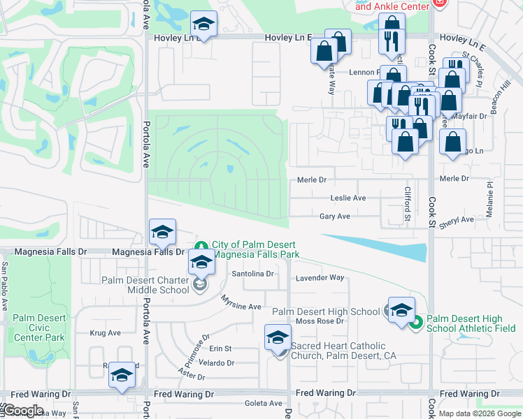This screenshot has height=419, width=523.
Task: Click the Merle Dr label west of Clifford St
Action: coord(312,179)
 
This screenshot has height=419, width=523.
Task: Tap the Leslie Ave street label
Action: coord(348,198)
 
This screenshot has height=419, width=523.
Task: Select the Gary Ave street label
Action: coord(334,217)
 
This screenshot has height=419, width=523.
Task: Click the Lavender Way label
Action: coord(320,278)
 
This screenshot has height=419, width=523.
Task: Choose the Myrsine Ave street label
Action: coord(241,303)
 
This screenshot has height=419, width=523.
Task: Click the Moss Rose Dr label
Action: coord(320,321)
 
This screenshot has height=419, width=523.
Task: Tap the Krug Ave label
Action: coord(105,333)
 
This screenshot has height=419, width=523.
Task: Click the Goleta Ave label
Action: coord(262,404)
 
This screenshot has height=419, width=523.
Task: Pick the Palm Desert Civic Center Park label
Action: coord(39,328)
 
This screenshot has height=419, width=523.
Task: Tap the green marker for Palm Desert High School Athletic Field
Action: coord(416,322)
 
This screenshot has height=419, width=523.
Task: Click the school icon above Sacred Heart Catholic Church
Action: coord(278,338)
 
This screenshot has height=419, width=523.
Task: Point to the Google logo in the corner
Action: coord(23,411)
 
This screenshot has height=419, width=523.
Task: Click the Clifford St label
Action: coord(406,203)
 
